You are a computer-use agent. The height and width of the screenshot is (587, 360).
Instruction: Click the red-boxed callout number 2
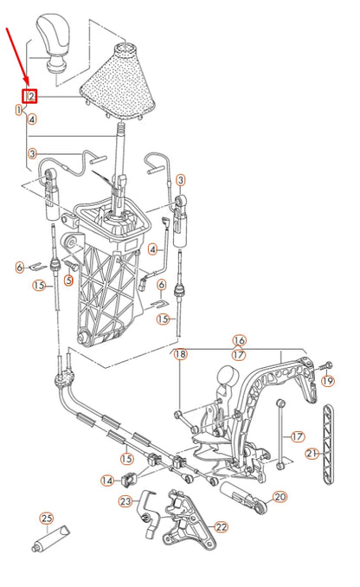(29, 96)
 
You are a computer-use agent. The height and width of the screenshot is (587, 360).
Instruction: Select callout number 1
(19, 110)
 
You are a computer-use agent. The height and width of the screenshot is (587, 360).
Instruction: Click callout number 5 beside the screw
(68, 280)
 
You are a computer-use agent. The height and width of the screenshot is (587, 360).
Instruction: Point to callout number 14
(107, 480)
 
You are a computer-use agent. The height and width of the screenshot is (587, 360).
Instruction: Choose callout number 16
(239, 340)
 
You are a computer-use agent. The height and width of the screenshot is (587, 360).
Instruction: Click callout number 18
(180, 354)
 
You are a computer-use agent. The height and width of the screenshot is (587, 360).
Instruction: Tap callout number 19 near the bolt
(328, 381)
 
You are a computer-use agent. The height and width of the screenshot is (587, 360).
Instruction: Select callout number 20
(280, 497)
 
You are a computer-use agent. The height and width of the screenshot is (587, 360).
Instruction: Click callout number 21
(312, 454)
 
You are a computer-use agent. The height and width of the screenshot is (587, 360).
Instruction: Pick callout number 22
(221, 526)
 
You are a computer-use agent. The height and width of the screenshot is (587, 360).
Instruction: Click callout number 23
(125, 500)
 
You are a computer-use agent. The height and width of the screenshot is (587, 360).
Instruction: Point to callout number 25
(47, 519)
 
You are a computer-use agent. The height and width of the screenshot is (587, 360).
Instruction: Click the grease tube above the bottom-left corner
(50, 539)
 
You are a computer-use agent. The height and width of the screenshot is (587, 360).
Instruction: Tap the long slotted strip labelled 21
(328, 444)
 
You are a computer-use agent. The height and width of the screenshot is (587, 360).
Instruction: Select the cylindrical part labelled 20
(243, 497)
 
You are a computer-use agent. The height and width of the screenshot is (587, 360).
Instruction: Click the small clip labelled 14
(129, 479)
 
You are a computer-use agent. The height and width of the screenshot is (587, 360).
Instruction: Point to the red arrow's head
(26, 83)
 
